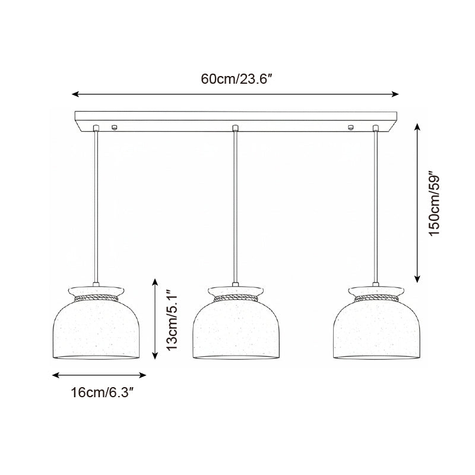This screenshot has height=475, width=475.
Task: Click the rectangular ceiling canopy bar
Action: [236, 119]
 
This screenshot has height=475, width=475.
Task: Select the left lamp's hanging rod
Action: [96, 208]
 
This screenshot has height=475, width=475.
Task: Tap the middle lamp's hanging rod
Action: [236, 208]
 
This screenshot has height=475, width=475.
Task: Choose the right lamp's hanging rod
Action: [376, 208]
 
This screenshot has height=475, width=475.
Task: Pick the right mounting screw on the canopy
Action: [350, 127]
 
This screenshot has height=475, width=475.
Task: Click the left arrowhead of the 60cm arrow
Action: [75, 94]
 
